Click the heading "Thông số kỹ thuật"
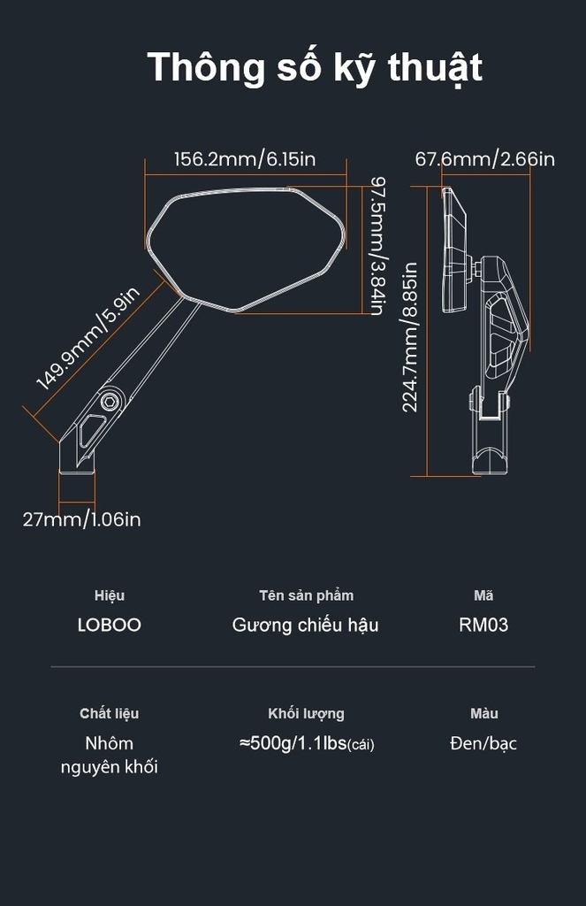pos(315,68)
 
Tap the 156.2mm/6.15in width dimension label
pos(245,159)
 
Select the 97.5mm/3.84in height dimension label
pos(377,246)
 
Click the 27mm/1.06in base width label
pos(81,518)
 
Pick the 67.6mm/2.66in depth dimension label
pos(485,159)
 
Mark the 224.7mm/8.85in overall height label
pos(409,337)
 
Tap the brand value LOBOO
pos(109,625)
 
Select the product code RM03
pos(483,625)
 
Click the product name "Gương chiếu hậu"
pos(306,626)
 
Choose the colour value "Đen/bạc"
pos(483,743)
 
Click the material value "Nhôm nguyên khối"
pos(109,755)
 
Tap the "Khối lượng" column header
pos(306,714)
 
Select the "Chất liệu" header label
pos(109,714)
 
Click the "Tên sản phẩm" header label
pos(306,595)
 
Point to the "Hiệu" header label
pos(109,595)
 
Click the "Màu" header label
pos(483,714)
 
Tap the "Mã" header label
pos(483,595)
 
